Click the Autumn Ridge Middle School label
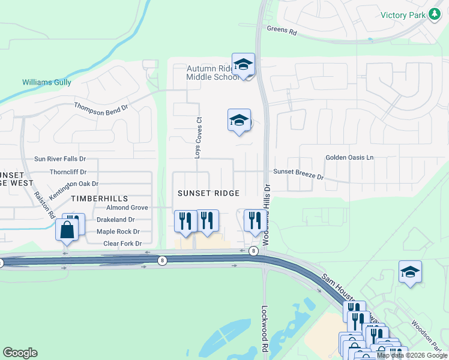[x=209, y=73]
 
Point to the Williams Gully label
[x=47, y=83]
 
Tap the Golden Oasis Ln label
[x=349, y=157]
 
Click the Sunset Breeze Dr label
[x=298, y=174]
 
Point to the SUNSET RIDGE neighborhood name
[x=209, y=193]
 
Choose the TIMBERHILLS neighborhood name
[x=99, y=198]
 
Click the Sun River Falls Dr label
[x=60, y=159]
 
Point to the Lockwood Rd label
[x=264, y=329]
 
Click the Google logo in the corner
[x=20, y=353]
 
